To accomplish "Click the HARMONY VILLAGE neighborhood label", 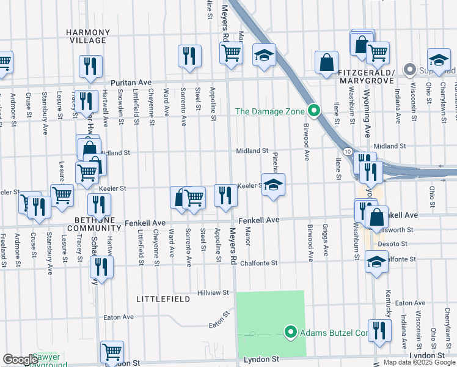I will click(x=89, y=36).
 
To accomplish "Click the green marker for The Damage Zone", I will click(x=314, y=111).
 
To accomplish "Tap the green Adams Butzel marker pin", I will click(x=291, y=332).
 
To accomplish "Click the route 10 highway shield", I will click(x=346, y=150).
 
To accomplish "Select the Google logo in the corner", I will click(x=20, y=360).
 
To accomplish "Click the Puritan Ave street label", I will click(x=130, y=82).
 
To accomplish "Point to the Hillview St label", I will click(x=213, y=293).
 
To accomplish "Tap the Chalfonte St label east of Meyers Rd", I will click(x=258, y=263).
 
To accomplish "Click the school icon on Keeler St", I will click(x=273, y=185).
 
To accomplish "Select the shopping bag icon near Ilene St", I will click(x=327, y=62).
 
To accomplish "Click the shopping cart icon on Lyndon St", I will click(x=112, y=352).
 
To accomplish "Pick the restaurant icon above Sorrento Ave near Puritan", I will click(x=189, y=56).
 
